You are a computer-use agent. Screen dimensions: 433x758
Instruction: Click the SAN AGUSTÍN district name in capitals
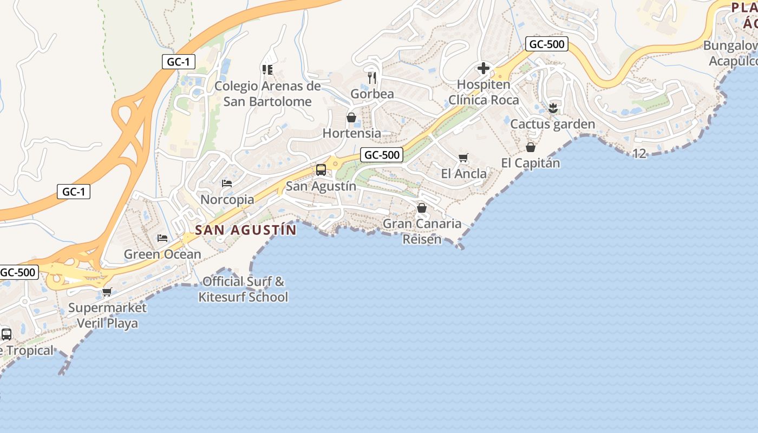tap(246, 230)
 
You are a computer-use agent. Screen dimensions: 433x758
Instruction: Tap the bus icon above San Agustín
tap(321, 170)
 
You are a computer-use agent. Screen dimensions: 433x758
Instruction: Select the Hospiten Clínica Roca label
tap(483, 93)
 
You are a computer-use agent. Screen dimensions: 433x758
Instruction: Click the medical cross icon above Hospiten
tap(483, 68)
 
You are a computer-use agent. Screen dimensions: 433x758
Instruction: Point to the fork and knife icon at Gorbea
tap(372, 78)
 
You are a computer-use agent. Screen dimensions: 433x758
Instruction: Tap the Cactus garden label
tap(553, 124)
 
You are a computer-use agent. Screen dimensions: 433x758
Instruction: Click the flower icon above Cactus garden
tap(553, 108)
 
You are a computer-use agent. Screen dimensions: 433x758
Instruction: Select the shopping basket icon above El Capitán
tap(531, 147)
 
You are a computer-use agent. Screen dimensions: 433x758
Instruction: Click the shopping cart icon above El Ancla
tap(463, 158)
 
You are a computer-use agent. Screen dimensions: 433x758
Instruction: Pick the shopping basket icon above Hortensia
tap(351, 117)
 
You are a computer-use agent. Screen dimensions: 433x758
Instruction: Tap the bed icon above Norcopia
tap(227, 183)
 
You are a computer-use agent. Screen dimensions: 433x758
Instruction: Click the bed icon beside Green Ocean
tap(162, 238)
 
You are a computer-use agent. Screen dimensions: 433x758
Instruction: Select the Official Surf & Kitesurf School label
tap(243, 289)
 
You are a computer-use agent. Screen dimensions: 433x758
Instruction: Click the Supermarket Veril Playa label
tap(107, 316)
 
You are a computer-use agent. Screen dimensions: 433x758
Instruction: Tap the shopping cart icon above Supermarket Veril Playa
tap(107, 292)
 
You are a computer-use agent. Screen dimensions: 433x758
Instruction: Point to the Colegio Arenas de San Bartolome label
tap(267, 94)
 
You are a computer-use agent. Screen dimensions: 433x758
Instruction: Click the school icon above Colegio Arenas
tap(267, 69)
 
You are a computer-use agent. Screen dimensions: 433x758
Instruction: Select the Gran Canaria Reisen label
tap(422, 231)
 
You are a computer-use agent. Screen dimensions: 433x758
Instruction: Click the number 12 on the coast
tap(639, 154)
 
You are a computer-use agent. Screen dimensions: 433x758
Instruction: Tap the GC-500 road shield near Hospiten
tap(546, 44)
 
